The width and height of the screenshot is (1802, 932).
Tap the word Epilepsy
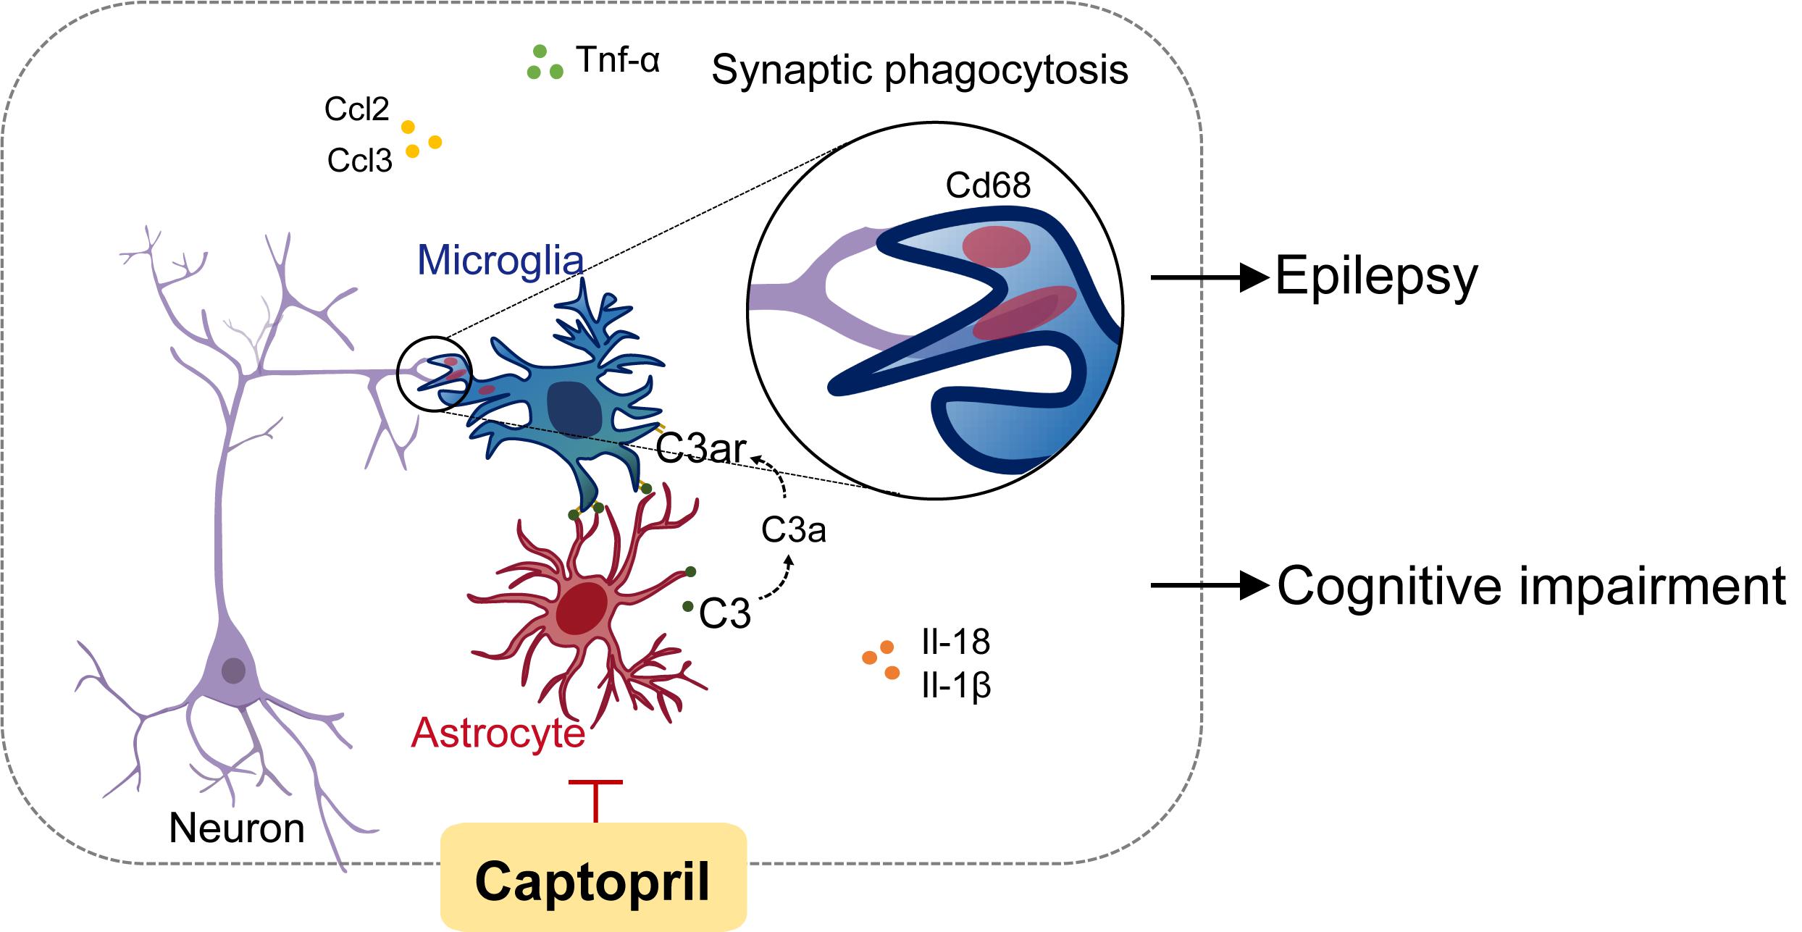point(1376,277)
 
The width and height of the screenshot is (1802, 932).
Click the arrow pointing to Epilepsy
point(1209,277)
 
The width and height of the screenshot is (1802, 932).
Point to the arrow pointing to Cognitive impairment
point(1209,585)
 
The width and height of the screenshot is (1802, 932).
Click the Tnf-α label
point(618,60)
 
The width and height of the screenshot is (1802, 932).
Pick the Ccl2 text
point(357,109)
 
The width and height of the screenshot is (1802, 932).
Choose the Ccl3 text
point(359,160)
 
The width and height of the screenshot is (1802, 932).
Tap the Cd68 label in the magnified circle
point(988,187)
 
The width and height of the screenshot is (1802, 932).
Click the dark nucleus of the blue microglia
point(574,409)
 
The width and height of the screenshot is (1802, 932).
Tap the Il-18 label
point(955,642)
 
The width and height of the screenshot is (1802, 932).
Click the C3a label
point(793,531)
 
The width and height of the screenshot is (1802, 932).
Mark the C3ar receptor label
point(700,449)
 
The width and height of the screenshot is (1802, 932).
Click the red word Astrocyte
point(498,733)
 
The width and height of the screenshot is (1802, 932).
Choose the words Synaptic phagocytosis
point(920,70)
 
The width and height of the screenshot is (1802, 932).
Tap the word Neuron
point(237,828)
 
